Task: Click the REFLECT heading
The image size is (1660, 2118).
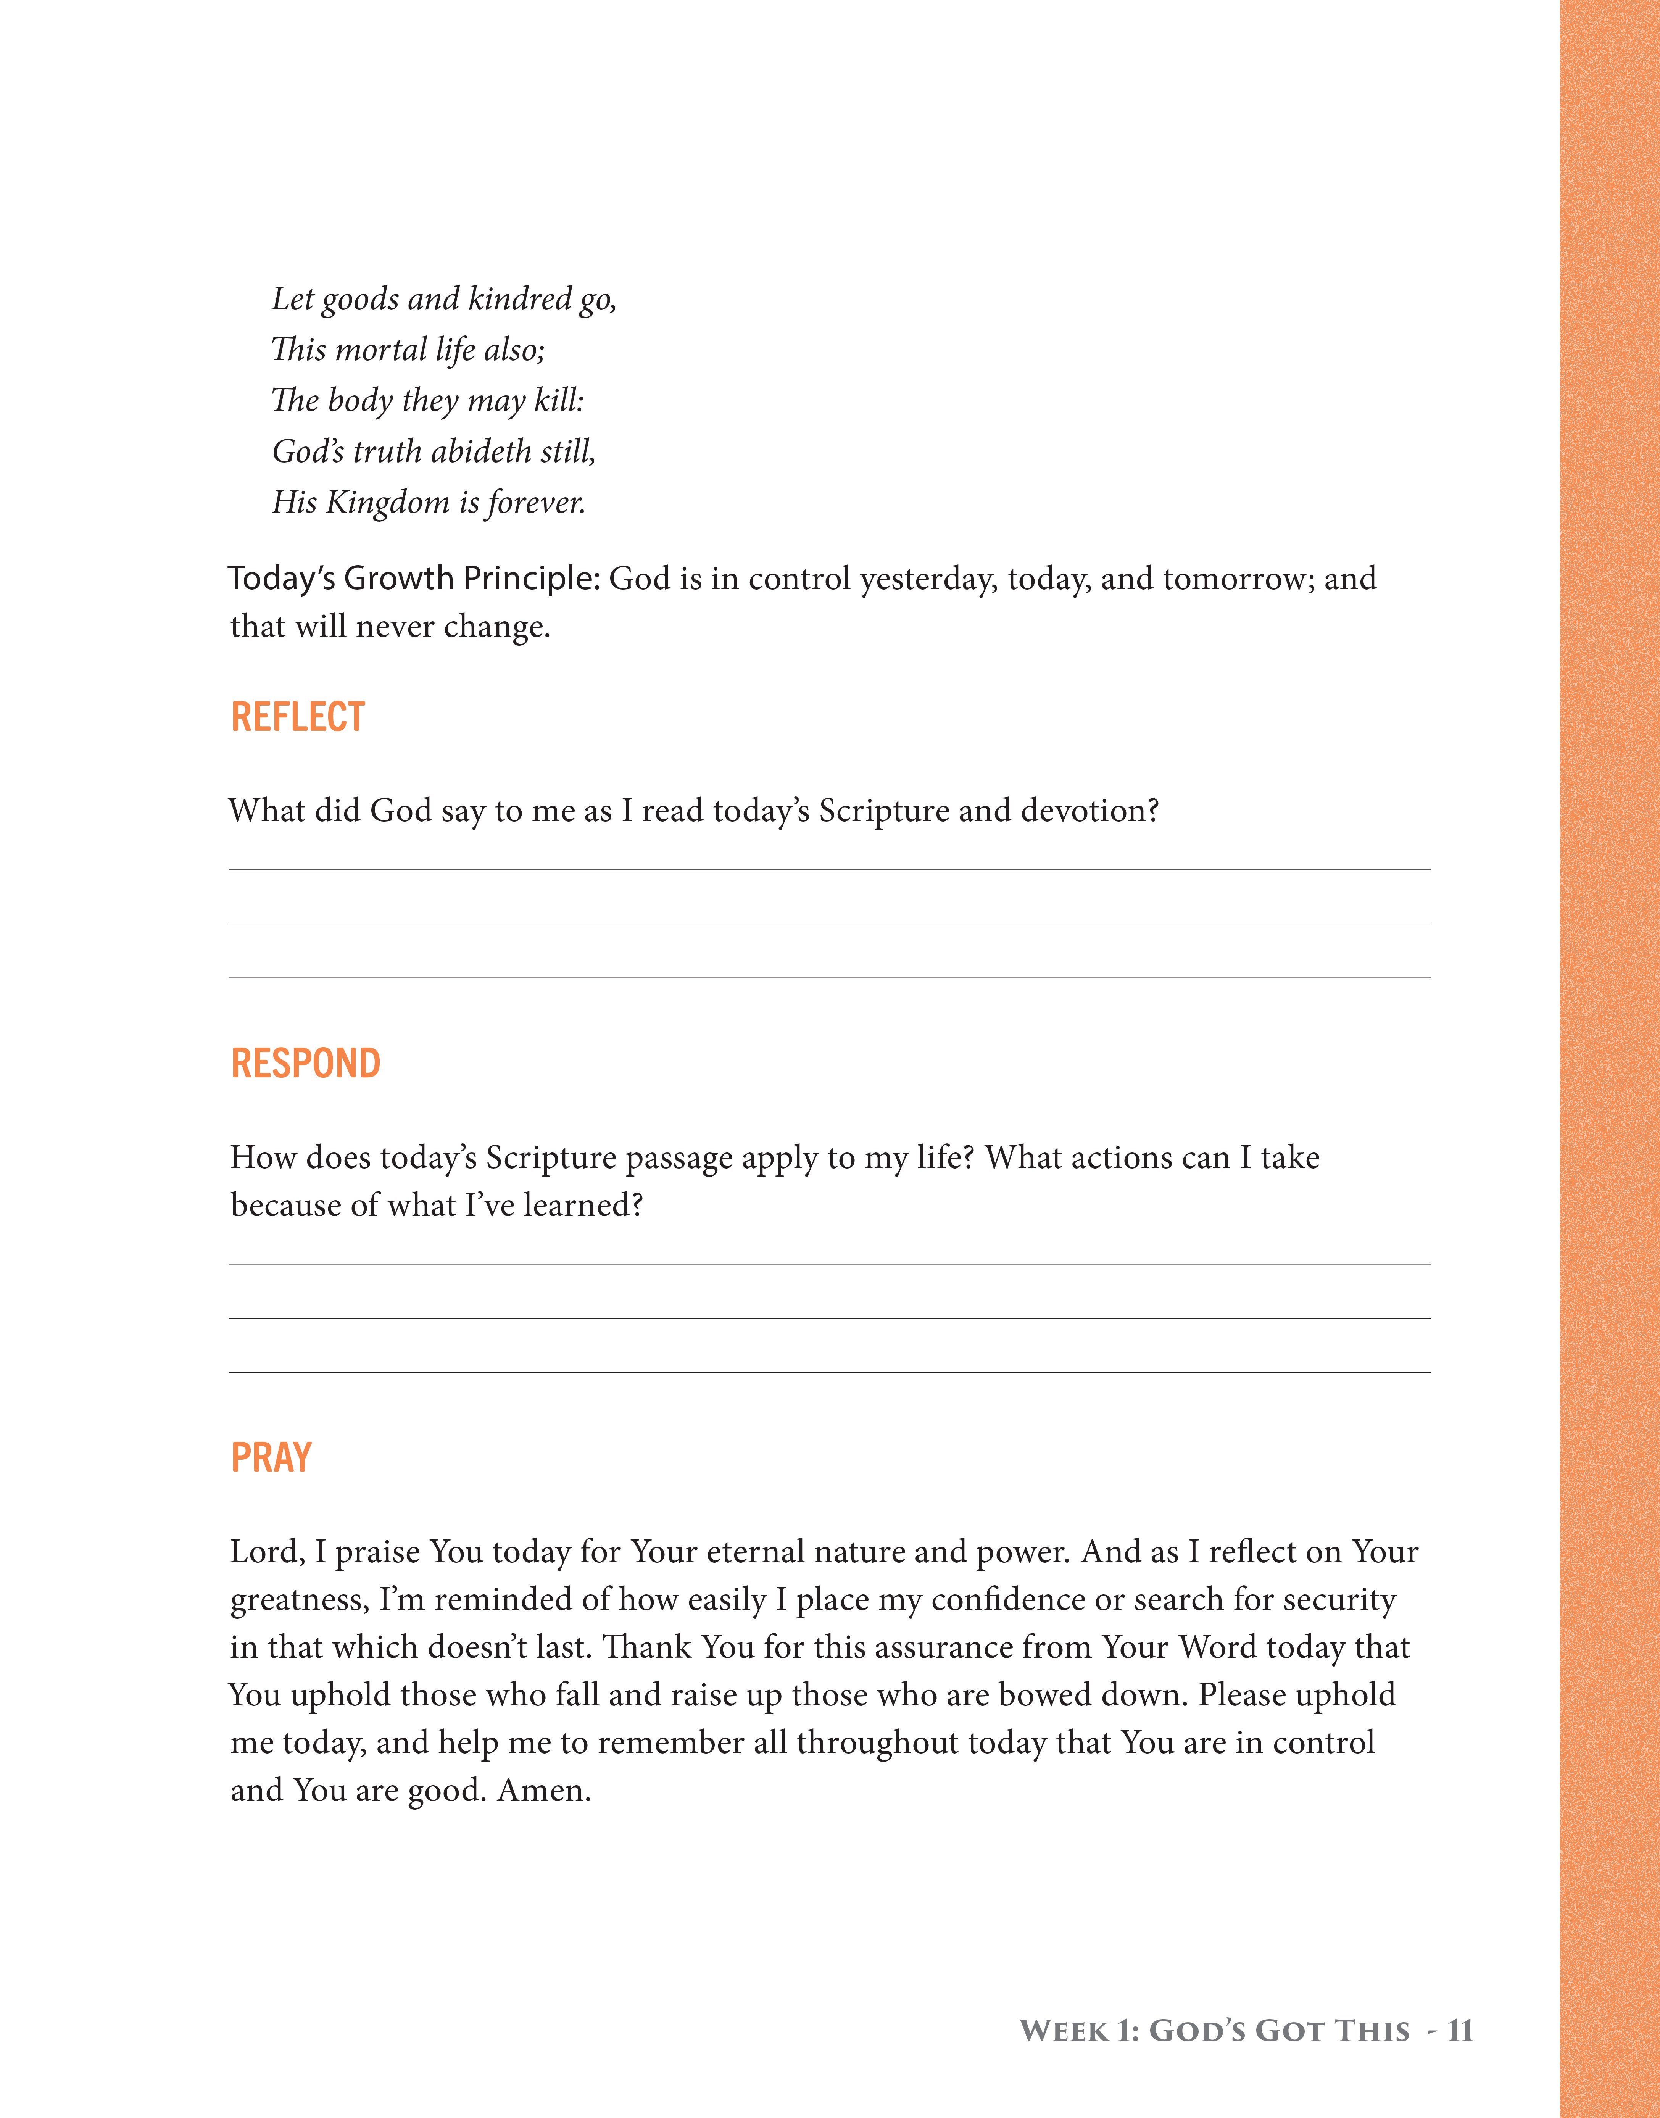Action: pos(297,717)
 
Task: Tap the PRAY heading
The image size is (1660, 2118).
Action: pos(271,1458)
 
